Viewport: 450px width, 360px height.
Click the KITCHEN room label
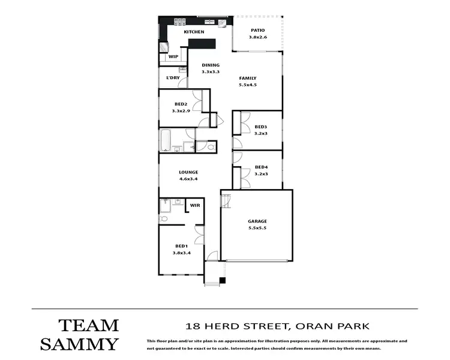pos(194,32)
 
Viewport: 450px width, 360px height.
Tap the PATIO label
pos(257,30)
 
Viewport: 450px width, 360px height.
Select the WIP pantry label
pos(173,57)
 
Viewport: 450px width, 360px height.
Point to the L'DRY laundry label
pos(172,78)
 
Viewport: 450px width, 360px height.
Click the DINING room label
pos(211,65)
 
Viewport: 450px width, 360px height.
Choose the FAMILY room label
pos(248,78)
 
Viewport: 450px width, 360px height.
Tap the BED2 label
pos(181,104)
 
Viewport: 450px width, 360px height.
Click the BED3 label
pos(260,127)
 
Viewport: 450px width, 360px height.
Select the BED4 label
pos(260,167)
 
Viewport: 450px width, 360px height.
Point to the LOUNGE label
pos(188,172)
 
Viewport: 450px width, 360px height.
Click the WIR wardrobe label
pos(194,206)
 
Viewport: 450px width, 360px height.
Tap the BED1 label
pos(181,246)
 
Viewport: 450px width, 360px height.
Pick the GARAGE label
pos(257,221)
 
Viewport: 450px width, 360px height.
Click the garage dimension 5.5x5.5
pos(257,229)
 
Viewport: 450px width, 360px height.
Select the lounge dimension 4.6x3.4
pos(188,179)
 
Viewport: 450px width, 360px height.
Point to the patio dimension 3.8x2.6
pos(257,37)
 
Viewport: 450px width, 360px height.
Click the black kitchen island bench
pos(202,43)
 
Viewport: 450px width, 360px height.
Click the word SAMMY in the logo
pos(80,344)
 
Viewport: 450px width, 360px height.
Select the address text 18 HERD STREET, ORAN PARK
pos(277,326)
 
